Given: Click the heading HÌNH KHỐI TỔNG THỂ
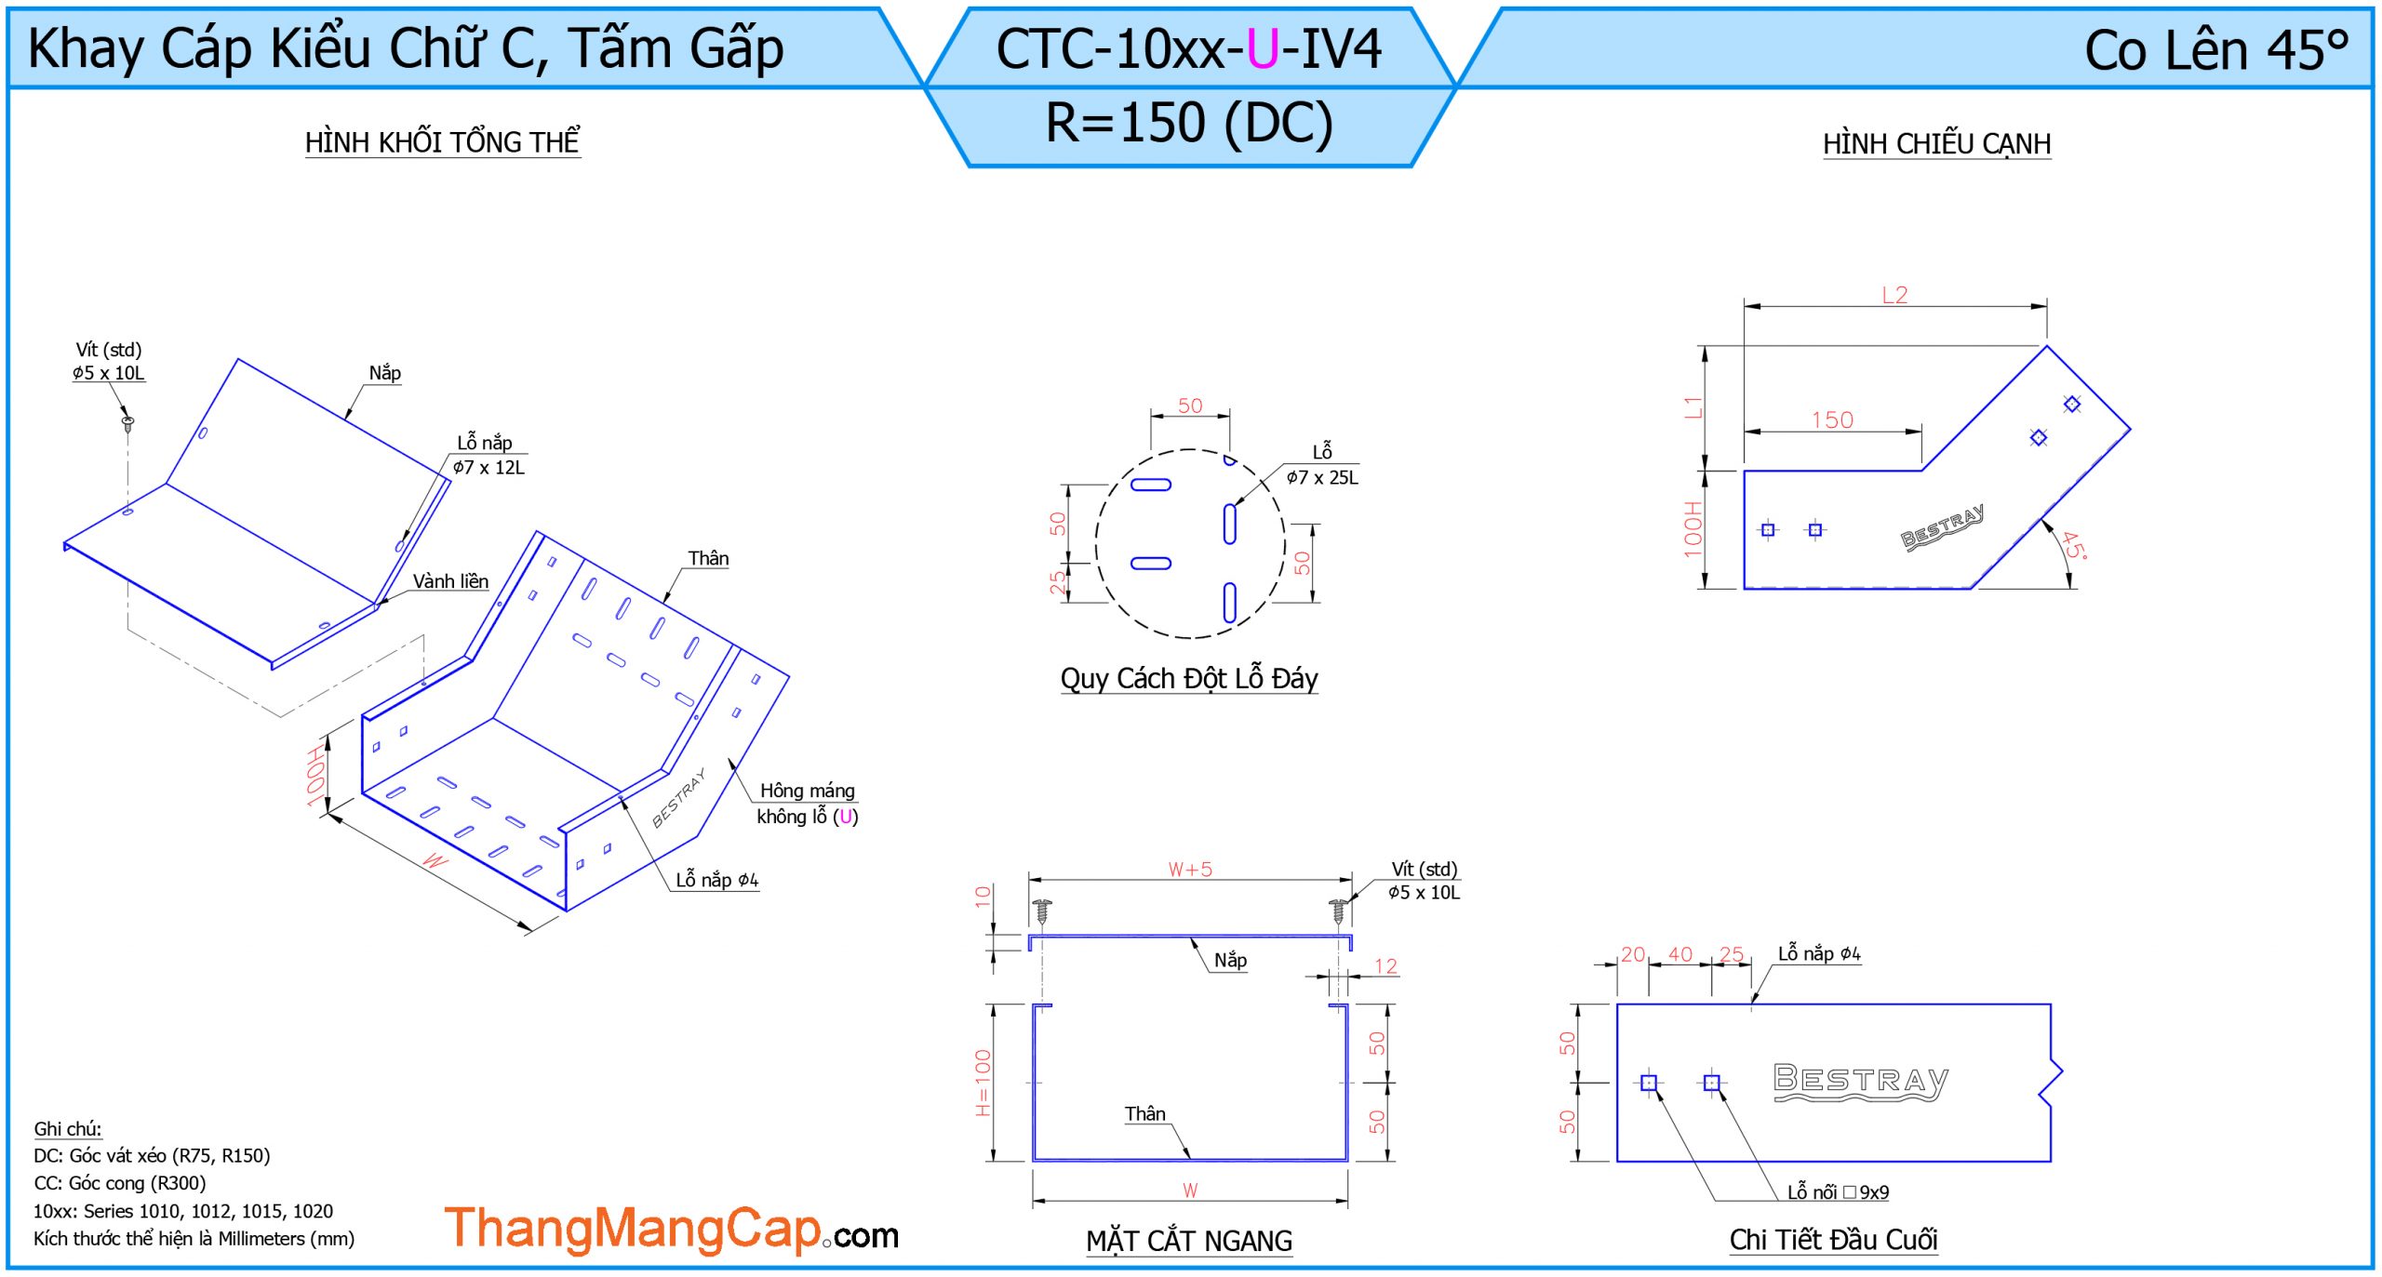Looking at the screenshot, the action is tap(443, 142).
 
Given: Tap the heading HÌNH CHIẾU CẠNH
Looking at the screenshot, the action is tap(1936, 144).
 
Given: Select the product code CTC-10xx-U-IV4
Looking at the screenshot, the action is tap(1189, 49).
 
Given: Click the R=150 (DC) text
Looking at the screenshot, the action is tap(1189, 123).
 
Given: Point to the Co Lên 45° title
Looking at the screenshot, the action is tap(2216, 50).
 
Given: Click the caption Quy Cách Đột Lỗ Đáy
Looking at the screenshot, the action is tap(1189, 679).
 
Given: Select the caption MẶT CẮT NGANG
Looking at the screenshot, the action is tap(1189, 1241).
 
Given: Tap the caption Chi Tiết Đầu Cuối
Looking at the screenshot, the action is tap(1833, 1240).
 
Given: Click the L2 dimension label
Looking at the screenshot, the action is tap(1894, 295).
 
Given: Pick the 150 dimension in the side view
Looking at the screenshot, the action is tap(1832, 420).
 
